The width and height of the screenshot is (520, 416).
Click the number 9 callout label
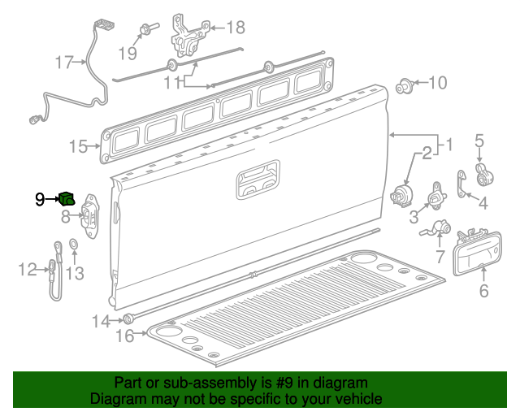pos(40,198)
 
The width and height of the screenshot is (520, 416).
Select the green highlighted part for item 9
pos(67,198)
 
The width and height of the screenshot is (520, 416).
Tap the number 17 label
pos(64,63)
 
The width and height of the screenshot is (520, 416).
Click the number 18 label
pos(235,28)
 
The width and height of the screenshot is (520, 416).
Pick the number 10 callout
pos(437,82)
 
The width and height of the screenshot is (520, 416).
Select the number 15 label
pos(77,146)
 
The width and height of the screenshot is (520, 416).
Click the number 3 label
pos(414,216)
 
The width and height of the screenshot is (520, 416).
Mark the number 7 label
pos(440,257)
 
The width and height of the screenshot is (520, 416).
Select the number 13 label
pos(75,274)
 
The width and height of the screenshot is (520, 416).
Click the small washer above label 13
pos(71,243)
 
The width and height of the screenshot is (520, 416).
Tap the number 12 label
pos(28,269)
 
